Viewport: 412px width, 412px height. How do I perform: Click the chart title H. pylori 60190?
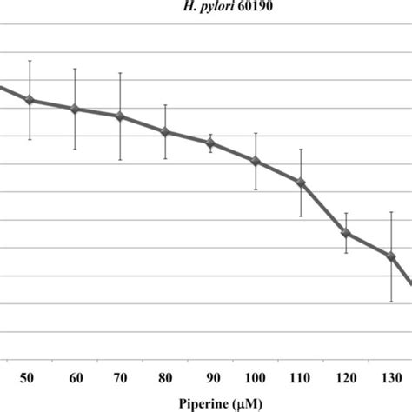206,8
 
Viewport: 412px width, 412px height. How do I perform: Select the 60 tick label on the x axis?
75,377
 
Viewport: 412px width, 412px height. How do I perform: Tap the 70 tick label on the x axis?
120,377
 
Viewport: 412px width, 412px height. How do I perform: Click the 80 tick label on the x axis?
165,377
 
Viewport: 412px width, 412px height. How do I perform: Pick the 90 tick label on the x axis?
210,377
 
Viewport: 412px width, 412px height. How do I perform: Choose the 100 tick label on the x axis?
256,377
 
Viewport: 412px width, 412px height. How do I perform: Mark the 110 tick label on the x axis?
301,377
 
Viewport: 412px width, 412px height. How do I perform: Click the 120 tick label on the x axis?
346,377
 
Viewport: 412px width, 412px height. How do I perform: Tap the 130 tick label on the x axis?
391,377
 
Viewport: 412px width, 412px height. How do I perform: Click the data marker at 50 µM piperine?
30,100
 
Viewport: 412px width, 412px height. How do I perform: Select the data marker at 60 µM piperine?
75,109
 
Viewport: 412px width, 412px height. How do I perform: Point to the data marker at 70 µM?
120,116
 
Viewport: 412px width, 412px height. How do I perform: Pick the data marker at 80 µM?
165,131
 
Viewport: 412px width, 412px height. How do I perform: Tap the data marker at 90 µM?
210,143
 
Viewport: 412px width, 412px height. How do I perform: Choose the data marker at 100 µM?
256,161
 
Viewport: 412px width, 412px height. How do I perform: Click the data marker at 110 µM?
301,182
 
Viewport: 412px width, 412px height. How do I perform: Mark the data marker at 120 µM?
346,233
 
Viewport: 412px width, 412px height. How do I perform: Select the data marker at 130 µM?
391,256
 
